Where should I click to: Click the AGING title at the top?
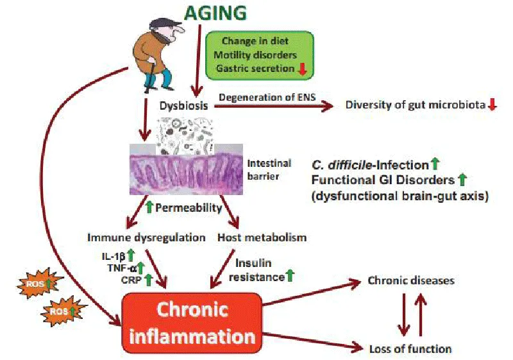(x=215, y=12)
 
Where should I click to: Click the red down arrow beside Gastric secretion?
(x=302, y=69)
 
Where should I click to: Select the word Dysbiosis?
(x=183, y=105)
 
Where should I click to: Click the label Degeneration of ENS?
(x=267, y=97)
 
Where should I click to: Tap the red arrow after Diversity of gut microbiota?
(x=492, y=105)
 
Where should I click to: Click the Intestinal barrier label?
(x=269, y=169)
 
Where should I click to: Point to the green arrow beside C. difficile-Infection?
(x=435, y=164)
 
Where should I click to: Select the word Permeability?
(x=189, y=207)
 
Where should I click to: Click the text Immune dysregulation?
(x=146, y=237)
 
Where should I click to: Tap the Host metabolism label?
(x=262, y=237)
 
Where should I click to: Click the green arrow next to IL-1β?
(x=131, y=255)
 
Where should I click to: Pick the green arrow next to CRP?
(x=149, y=280)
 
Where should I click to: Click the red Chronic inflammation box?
(x=192, y=323)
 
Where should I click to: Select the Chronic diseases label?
(x=411, y=280)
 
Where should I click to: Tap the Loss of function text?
(x=410, y=349)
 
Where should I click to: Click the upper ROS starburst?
(x=40, y=284)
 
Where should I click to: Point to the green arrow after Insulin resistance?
(x=290, y=275)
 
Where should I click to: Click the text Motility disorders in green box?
(x=255, y=55)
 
